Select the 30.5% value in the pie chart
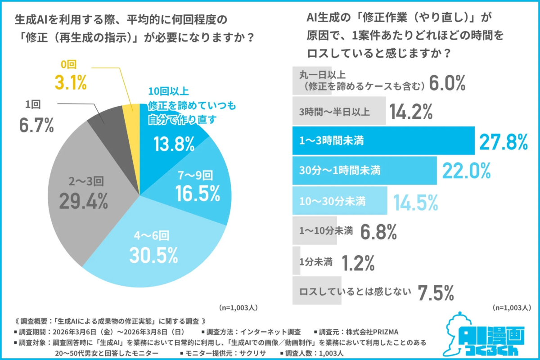coord(153,255)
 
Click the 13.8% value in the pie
coord(174,144)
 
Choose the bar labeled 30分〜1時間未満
coord(364,171)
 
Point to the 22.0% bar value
coord(466,171)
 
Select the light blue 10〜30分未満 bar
coord(340,200)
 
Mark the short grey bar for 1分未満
coord(297,261)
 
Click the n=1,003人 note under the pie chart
coord(238,308)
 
